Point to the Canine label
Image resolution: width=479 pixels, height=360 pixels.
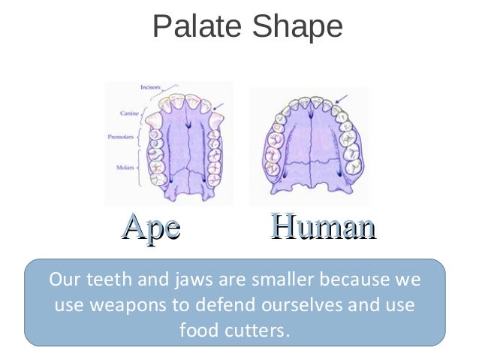click(129, 113)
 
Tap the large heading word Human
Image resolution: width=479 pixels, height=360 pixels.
click(323, 228)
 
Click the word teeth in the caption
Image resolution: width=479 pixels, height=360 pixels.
click(102, 282)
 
